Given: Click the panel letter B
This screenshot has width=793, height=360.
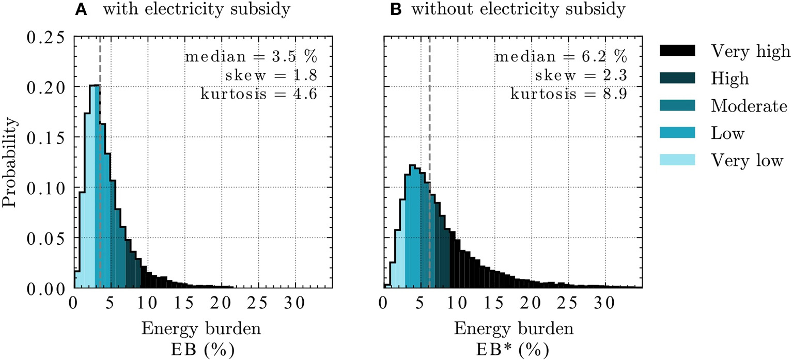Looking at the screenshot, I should pos(396,10).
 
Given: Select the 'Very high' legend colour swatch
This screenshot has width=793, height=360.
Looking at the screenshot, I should pos(677,51).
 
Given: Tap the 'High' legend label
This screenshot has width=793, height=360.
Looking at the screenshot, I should pos(729,79).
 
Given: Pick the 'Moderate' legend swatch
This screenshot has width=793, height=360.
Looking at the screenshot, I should pos(677,106).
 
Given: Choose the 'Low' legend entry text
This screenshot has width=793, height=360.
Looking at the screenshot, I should pos(727,134).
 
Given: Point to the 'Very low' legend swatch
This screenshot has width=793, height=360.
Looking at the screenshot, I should pos(677,161).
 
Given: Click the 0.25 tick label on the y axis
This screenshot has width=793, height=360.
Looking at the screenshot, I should pos(45,38).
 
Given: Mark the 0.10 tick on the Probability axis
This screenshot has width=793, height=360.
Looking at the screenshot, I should pos(45,188).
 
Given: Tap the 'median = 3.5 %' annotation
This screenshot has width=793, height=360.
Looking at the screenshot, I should pos(250,56).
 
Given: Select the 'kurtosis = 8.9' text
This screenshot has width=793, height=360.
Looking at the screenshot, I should pos(569,95).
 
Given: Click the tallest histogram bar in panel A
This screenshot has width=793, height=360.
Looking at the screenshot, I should pos(95,186).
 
